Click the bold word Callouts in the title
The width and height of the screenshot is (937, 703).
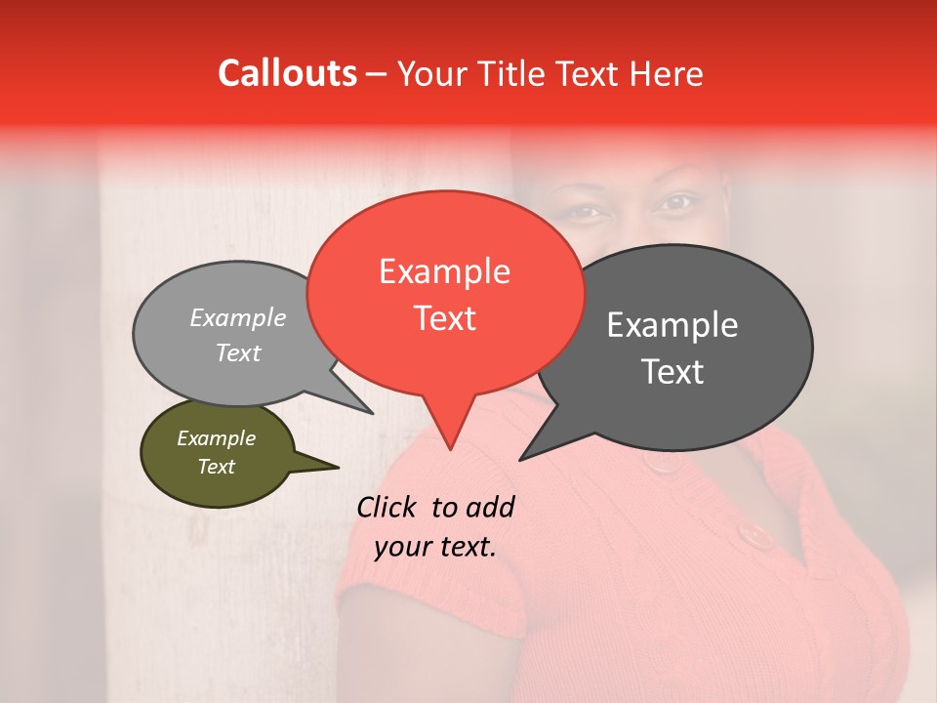click(287, 73)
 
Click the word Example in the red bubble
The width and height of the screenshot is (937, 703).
click(444, 271)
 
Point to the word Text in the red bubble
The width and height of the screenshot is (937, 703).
click(444, 317)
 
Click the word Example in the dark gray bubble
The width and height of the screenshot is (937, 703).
click(672, 325)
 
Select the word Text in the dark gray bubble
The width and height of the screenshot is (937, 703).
click(672, 371)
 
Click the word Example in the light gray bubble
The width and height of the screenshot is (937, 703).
click(238, 317)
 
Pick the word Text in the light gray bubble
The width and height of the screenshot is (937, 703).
click(238, 352)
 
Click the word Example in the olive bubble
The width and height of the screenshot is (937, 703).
click(216, 438)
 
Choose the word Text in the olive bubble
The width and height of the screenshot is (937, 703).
click(216, 467)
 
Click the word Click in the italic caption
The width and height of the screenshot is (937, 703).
click(390, 507)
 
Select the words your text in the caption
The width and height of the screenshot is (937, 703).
click(435, 547)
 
